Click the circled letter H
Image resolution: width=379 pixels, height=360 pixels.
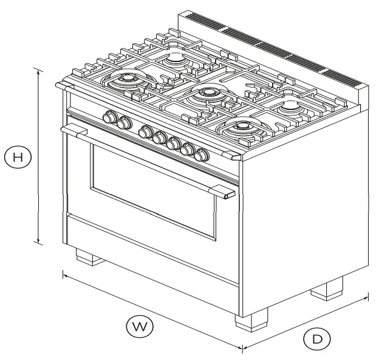(x=19, y=157)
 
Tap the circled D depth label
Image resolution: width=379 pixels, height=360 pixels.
(x=316, y=339)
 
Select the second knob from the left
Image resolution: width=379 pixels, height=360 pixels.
(x=124, y=123)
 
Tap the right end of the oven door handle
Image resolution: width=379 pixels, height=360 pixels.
(x=228, y=194)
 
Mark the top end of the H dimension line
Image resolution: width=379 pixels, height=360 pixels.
(x=39, y=69)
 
